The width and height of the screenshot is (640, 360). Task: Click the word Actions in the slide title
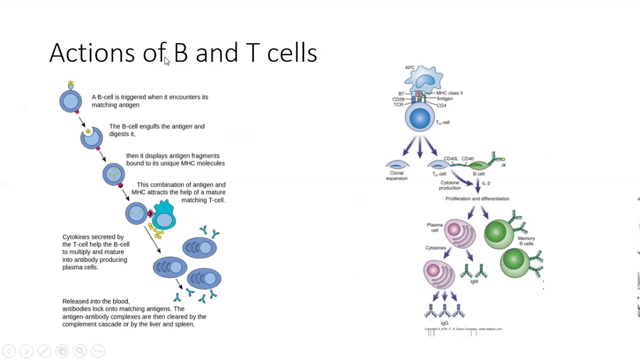point(91,53)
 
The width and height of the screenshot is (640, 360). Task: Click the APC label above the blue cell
point(409,67)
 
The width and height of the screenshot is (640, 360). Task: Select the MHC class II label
point(449,93)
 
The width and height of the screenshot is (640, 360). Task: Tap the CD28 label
point(398,99)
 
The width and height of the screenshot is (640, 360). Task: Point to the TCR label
point(398,104)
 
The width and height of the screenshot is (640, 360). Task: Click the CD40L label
point(450,159)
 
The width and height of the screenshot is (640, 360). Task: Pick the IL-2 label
point(486,183)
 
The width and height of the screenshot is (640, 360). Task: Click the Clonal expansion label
point(396,175)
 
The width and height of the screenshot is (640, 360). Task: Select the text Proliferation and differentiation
point(477,198)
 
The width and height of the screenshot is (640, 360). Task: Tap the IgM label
point(473,281)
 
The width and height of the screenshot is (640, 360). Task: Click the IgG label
point(444,323)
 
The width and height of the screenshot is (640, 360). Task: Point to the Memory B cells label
point(526,241)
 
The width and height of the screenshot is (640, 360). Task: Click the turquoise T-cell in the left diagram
point(164,216)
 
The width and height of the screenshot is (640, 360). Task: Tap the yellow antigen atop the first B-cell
point(70,83)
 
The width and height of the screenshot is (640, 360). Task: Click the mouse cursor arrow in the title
point(167,61)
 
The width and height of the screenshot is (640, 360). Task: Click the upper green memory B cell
point(498,233)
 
